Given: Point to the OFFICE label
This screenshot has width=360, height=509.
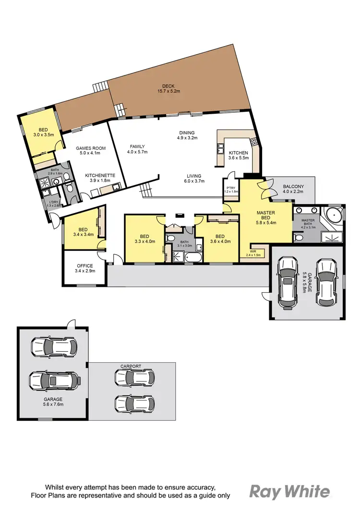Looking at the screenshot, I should [85, 266].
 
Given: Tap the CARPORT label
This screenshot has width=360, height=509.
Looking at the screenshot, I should [132, 366].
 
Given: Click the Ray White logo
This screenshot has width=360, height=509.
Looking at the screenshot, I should [289, 491].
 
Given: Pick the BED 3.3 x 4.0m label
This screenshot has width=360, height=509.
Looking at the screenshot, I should [144, 239].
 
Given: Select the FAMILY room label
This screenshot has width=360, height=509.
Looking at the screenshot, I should [137, 149].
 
